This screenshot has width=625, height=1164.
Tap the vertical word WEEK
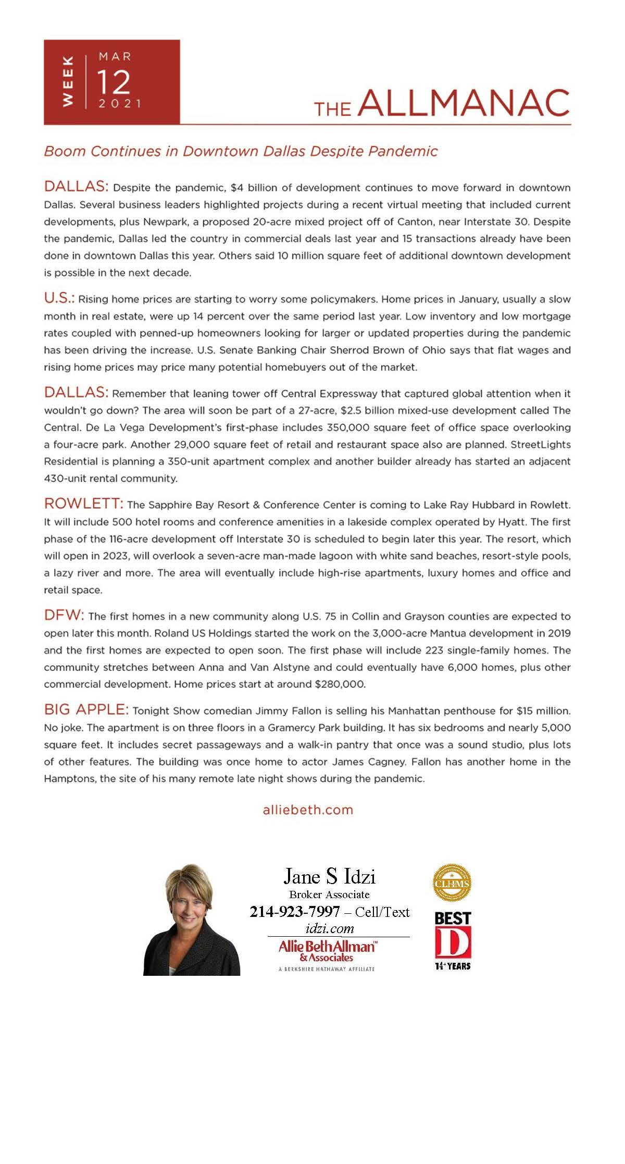pos(68,82)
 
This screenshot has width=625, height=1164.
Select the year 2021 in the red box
pos(120,103)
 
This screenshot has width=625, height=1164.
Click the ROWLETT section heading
pos(83,504)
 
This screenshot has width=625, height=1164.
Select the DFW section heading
pos(64,615)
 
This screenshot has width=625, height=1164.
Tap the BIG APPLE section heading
pos(86,709)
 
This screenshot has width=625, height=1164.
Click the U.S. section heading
pos(59,298)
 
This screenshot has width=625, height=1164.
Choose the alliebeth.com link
pos(308,810)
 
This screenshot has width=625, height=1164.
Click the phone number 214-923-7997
pos(295,912)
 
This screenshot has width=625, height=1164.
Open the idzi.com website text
pos(330,928)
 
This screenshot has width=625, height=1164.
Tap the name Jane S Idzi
pos(329,876)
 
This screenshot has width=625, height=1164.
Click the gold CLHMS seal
pos(452,883)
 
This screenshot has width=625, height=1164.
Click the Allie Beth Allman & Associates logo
pos(327,950)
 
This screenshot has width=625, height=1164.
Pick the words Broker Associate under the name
pos(329,895)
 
